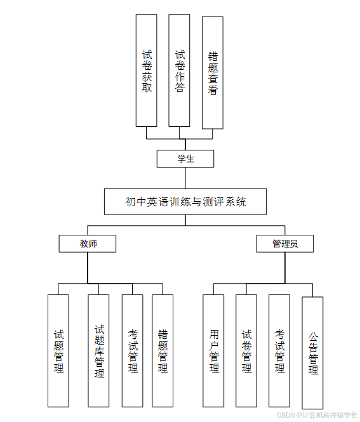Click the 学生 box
185,159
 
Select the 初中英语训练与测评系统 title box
185,202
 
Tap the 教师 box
88,244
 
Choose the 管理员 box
285,244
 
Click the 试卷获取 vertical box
147,70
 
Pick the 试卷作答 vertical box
180,70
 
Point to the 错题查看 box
213,72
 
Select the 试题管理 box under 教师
58,350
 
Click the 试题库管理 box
98,350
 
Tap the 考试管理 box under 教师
133,350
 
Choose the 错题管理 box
163,350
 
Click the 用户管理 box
213,350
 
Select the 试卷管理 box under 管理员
246,350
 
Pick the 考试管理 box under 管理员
279,350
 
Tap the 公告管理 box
312,352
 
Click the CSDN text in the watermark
287,414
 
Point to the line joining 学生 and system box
185,178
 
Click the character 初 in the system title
130,202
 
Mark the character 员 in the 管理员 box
293,244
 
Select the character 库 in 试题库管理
98,351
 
